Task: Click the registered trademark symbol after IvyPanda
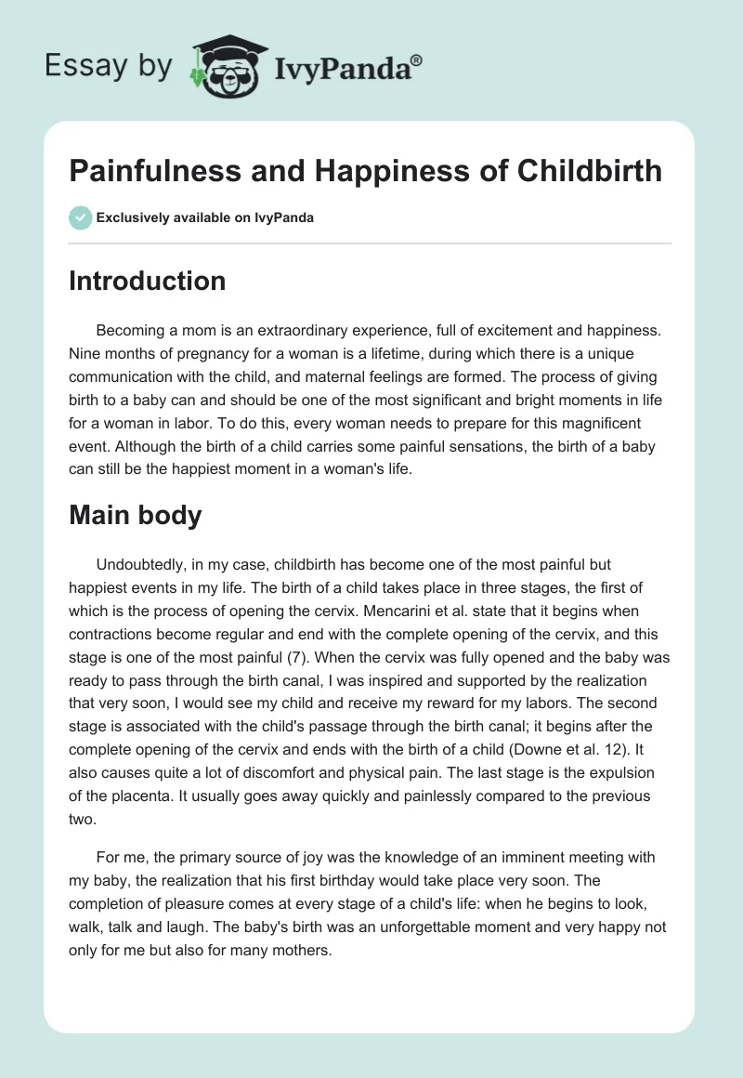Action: [417, 60]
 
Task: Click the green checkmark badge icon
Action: [80, 217]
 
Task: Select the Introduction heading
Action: [147, 281]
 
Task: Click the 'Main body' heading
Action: [136, 515]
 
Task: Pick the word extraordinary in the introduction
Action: [267, 331]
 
